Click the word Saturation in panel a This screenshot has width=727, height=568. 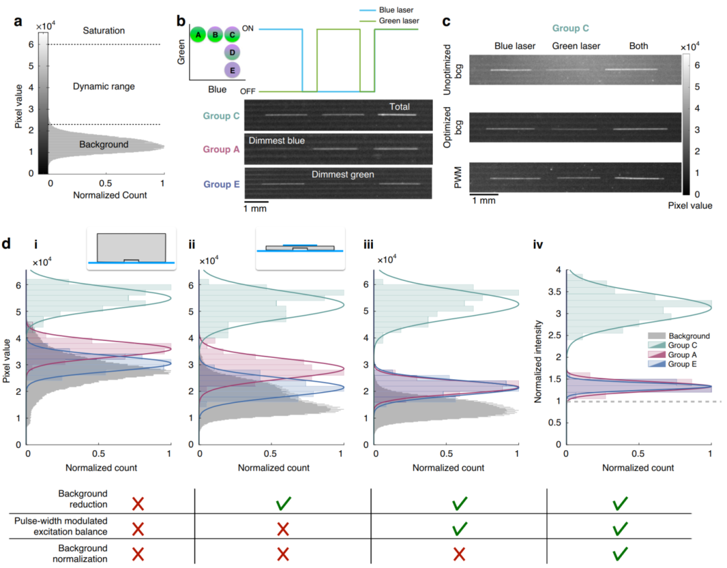point(104,31)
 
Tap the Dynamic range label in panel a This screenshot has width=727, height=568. point(104,86)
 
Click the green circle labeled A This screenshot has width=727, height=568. point(198,34)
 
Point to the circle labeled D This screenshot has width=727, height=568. point(233,53)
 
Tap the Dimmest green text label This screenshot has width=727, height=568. point(343,175)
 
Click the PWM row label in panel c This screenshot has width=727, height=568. point(457,177)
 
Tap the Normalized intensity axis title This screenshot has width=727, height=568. point(539,357)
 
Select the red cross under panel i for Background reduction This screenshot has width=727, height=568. point(138,503)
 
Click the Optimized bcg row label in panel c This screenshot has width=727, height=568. point(457,127)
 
